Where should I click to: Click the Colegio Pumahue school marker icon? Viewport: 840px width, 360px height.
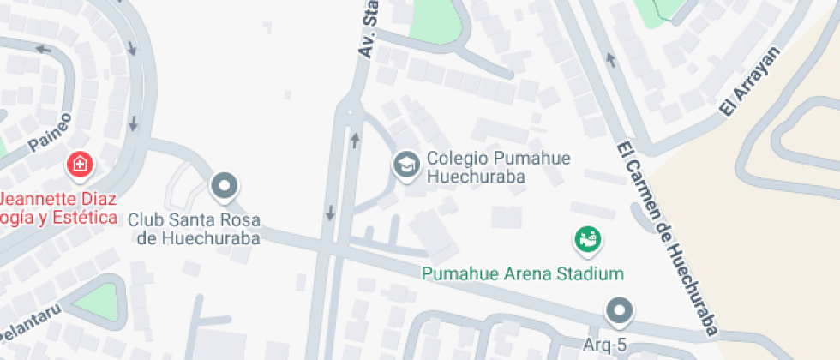(x=405, y=165)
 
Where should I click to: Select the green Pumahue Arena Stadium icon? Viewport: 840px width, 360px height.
(x=588, y=239)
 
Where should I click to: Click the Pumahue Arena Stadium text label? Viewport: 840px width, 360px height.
(x=522, y=274)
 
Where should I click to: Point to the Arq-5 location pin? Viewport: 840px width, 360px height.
(x=617, y=310)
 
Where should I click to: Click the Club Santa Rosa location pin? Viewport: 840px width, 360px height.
(x=225, y=185)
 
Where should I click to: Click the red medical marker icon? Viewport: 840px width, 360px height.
(x=81, y=164)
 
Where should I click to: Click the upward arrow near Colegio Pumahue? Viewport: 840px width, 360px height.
(x=355, y=139)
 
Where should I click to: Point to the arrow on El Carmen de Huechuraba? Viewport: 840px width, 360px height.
(x=611, y=59)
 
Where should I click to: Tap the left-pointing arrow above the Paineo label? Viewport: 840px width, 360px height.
(x=43, y=48)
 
